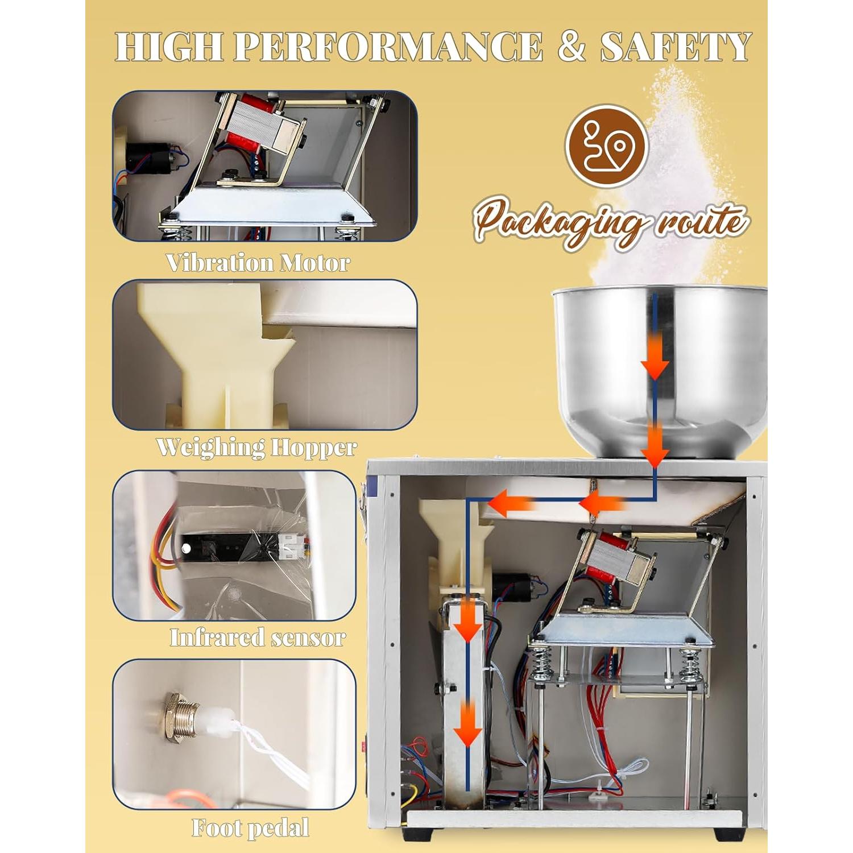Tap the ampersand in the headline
tap(571, 47)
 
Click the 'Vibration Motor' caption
tap(258, 263)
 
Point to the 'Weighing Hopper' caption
tap(256, 447)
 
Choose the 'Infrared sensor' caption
tap(258, 637)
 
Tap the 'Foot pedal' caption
tap(250, 827)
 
